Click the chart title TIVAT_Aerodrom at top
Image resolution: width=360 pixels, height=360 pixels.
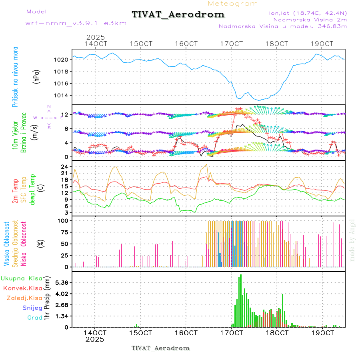click(178, 14)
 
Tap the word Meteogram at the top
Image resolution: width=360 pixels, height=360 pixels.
click(233, 4)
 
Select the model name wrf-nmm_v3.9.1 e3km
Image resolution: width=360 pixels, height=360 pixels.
click(76, 23)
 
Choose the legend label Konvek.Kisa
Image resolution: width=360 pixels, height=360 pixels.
click(22, 288)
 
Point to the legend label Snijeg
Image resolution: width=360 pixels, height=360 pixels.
click(30, 308)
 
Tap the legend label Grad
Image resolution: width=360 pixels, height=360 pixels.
click(34, 318)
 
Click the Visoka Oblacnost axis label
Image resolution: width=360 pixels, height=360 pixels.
click(7, 244)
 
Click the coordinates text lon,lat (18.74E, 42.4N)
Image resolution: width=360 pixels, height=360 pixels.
click(308, 13)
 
